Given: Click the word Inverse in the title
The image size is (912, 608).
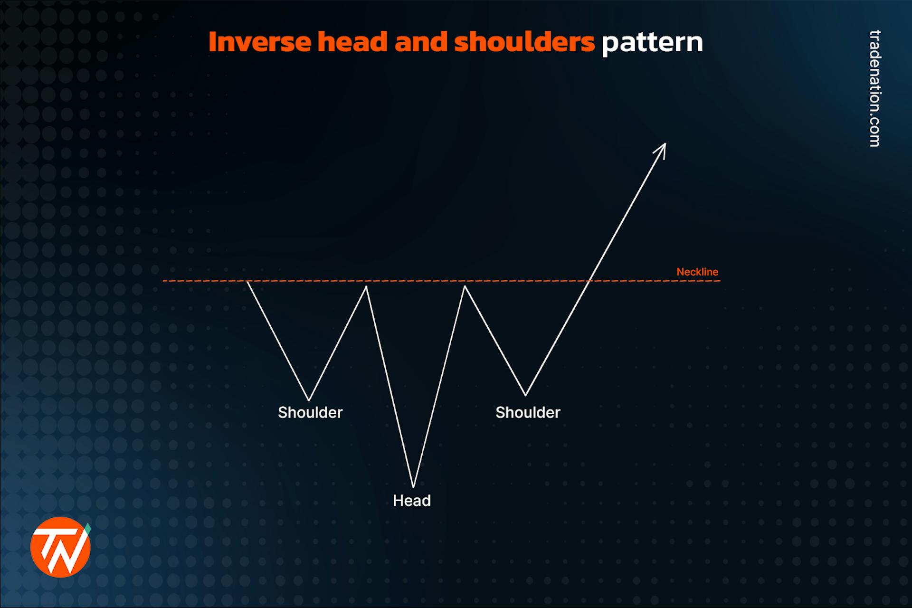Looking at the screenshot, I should (260, 42).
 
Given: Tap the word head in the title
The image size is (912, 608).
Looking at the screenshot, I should (352, 42).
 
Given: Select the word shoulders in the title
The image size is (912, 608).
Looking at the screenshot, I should (524, 42).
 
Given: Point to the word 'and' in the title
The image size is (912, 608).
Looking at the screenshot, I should (421, 42).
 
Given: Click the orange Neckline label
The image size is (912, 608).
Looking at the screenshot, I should (697, 272).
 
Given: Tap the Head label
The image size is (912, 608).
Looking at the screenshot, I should (411, 501).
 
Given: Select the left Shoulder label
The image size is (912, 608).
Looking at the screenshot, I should (310, 412).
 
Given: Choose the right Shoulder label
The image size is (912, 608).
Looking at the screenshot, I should (528, 412).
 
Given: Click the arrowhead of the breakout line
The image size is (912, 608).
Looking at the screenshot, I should (663, 147).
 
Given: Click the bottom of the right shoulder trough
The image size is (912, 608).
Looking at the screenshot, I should (525, 395).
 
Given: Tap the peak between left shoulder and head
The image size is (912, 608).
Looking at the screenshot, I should (366, 287).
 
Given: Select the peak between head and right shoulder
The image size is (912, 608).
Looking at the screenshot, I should (465, 287).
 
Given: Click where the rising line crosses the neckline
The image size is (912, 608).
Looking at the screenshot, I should (589, 281).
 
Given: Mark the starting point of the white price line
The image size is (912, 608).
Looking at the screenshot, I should (248, 282).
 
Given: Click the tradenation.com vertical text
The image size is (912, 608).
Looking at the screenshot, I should (874, 88).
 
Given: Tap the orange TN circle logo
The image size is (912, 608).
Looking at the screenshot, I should (60, 547).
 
